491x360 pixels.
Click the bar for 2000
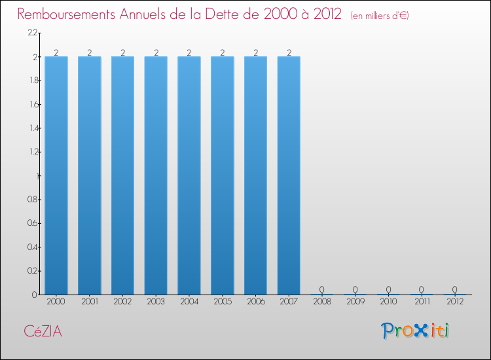pos(56,175)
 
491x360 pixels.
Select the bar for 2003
pos(156,175)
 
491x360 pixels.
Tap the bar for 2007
pos(289,175)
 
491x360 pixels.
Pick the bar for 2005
pos(223,175)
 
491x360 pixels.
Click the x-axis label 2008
pos(322,302)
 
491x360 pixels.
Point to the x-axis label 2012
pos(455,302)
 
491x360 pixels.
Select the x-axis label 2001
pos(89,302)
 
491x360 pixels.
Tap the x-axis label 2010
pos(388,302)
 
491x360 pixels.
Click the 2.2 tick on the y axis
pos(32,33)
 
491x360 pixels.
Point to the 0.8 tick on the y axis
pos(31,200)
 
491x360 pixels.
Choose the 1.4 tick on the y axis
pos(32,128)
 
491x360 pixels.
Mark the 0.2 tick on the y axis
pos(31,271)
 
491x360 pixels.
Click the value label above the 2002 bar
pos(122,52)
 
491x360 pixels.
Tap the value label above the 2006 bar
pos(255,52)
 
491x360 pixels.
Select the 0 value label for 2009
pos(355,289)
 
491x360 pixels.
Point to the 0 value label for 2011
pos(422,289)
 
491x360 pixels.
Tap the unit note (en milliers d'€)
pos(380,16)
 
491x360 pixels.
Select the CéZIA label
pos(43,331)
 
